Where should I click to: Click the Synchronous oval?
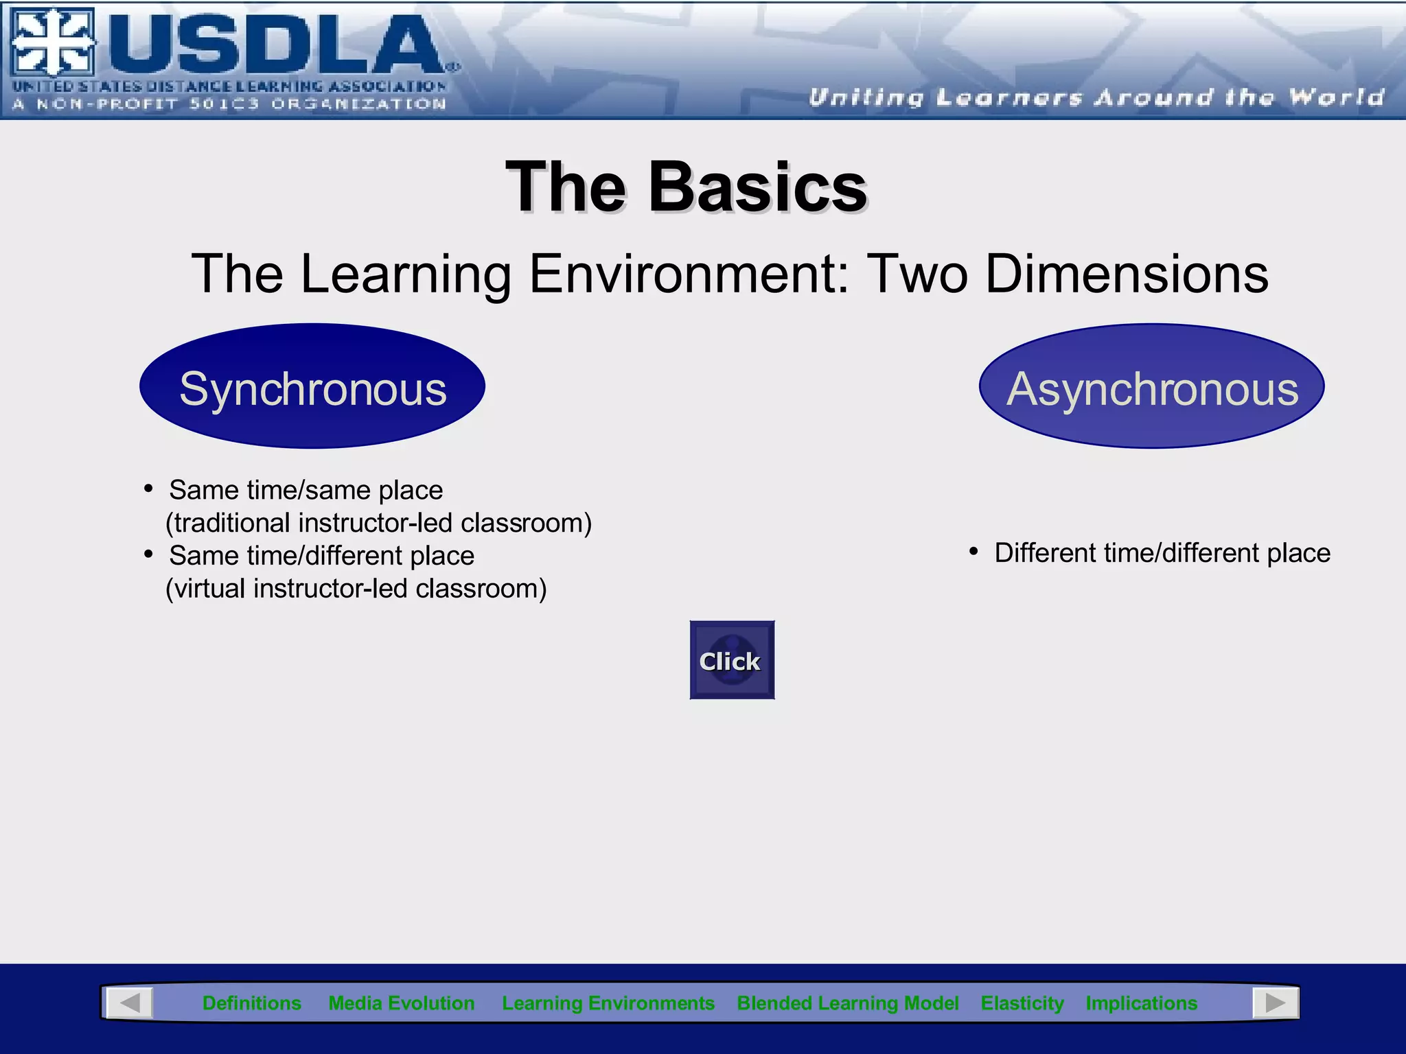pos(312,386)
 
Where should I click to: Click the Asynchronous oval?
pos(1151,386)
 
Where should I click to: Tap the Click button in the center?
pos(732,660)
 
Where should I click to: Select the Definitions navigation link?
pos(251,1003)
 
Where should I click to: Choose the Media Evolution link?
pos(402,1003)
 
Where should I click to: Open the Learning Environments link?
pos(608,1003)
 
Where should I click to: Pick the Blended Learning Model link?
pos(847,1003)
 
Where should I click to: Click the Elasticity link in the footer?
pos(1022,1003)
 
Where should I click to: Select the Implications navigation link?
pos(1141,1003)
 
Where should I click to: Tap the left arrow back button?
pos(130,1003)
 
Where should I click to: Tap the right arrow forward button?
pos(1276,1003)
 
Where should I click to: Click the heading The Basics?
pos(687,187)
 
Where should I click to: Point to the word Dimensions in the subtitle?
pos(1127,274)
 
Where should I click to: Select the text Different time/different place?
pos(1162,553)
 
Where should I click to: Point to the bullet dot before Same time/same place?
pos(148,489)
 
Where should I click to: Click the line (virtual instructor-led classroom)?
pos(356,589)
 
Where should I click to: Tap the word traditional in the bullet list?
pos(233,524)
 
